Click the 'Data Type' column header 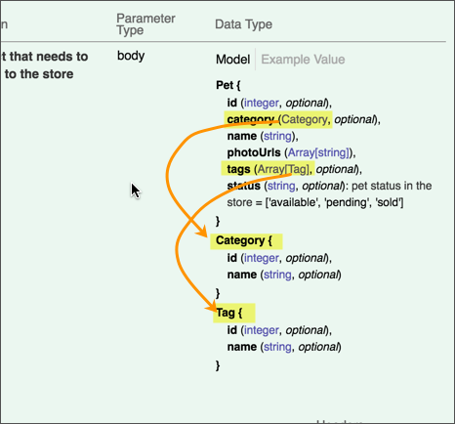pyautogui.click(x=242, y=23)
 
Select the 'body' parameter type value pyautogui.click(x=131, y=56)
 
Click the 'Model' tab pyautogui.click(x=233, y=60)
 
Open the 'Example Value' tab pyautogui.click(x=303, y=60)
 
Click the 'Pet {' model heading pyautogui.click(x=229, y=85)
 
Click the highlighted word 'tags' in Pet pyautogui.click(x=237, y=168)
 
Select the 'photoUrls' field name pyautogui.click(x=255, y=152)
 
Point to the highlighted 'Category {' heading pyautogui.click(x=246, y=240)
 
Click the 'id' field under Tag pyautogui.click(x=231, y=330)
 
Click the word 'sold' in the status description pyautogui.click(x=391, y=202)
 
